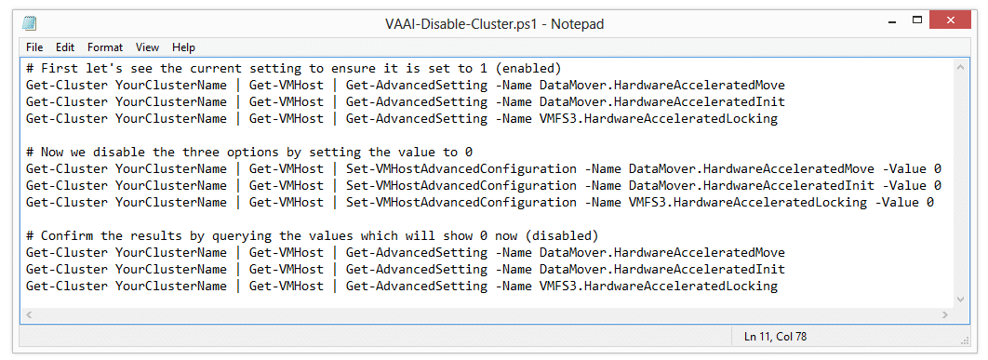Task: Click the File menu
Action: [x=34, y=47]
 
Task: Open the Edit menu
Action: [x=65, y=47]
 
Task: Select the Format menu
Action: [x=105, y=47]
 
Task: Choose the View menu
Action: [x=147, y=47]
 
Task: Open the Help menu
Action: [x=184, y=47]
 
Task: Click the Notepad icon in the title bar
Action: [x=30, y=24]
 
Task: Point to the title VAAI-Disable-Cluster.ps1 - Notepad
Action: [x=495, y=24]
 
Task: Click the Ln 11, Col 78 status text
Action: [x=775, y=337]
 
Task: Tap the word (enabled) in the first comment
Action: [x=532, y=68]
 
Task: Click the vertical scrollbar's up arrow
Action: [x=961, y=67]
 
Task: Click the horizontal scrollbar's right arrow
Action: [x=944, y=314]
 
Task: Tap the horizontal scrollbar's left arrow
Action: [x=28, y=314]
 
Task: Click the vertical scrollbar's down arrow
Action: [x=961, y=299]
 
